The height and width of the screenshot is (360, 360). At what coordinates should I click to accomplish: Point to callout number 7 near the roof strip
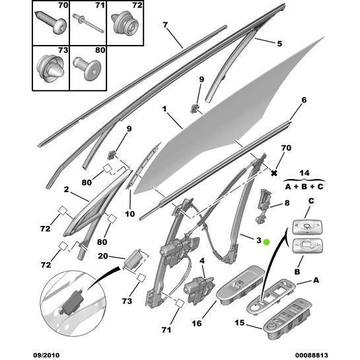click(165, 26)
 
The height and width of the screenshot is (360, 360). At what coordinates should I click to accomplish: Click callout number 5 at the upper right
click(279, 44)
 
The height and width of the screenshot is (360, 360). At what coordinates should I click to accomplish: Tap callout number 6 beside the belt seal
click(304, 100)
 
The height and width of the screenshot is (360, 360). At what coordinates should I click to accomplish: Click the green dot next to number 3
click(266, 242)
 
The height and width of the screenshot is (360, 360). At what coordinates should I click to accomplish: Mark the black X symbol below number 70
click(273, 172)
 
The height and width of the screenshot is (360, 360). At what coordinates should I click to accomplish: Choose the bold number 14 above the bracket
click(304, 172)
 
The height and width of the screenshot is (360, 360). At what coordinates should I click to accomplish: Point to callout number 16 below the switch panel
click(197, 324)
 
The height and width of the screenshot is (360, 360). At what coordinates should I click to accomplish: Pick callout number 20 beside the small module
click(102, 257)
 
